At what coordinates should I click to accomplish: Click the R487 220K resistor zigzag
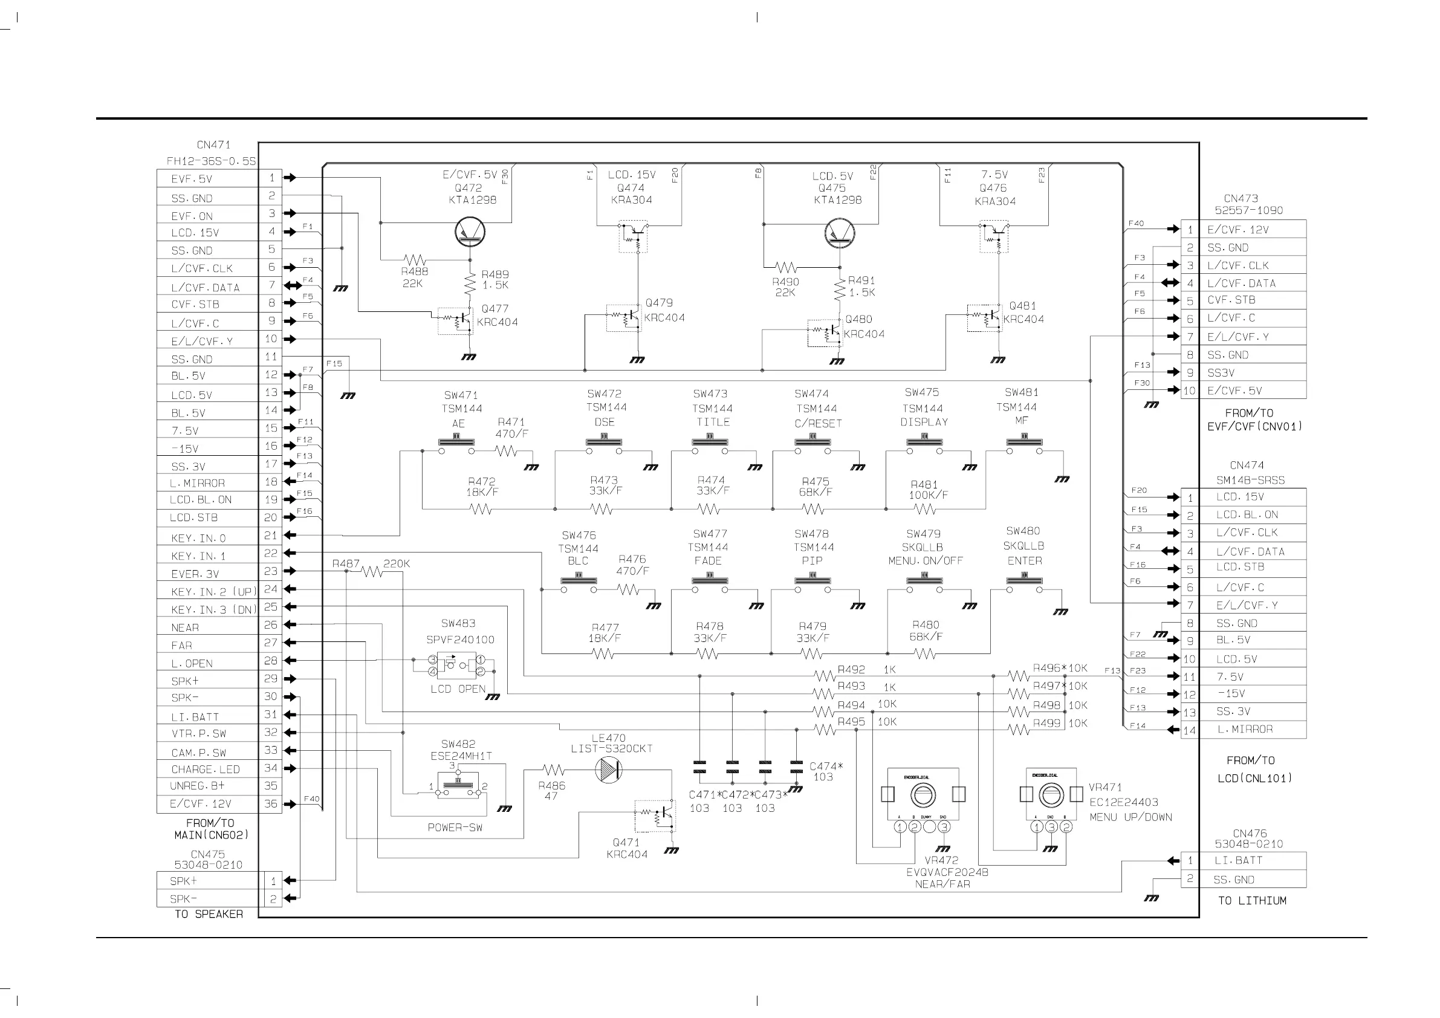372,571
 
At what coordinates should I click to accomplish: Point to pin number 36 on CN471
270,803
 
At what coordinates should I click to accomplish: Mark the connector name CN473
1241,198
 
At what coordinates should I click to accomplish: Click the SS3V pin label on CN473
1221,372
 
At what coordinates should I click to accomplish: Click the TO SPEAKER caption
209,914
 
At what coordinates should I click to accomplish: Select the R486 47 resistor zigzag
553,770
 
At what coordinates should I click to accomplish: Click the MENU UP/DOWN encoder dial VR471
1051,796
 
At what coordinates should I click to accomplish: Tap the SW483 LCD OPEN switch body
456,667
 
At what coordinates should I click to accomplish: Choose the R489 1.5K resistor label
495,279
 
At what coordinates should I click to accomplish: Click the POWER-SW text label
455,828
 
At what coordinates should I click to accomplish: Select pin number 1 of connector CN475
273,881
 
